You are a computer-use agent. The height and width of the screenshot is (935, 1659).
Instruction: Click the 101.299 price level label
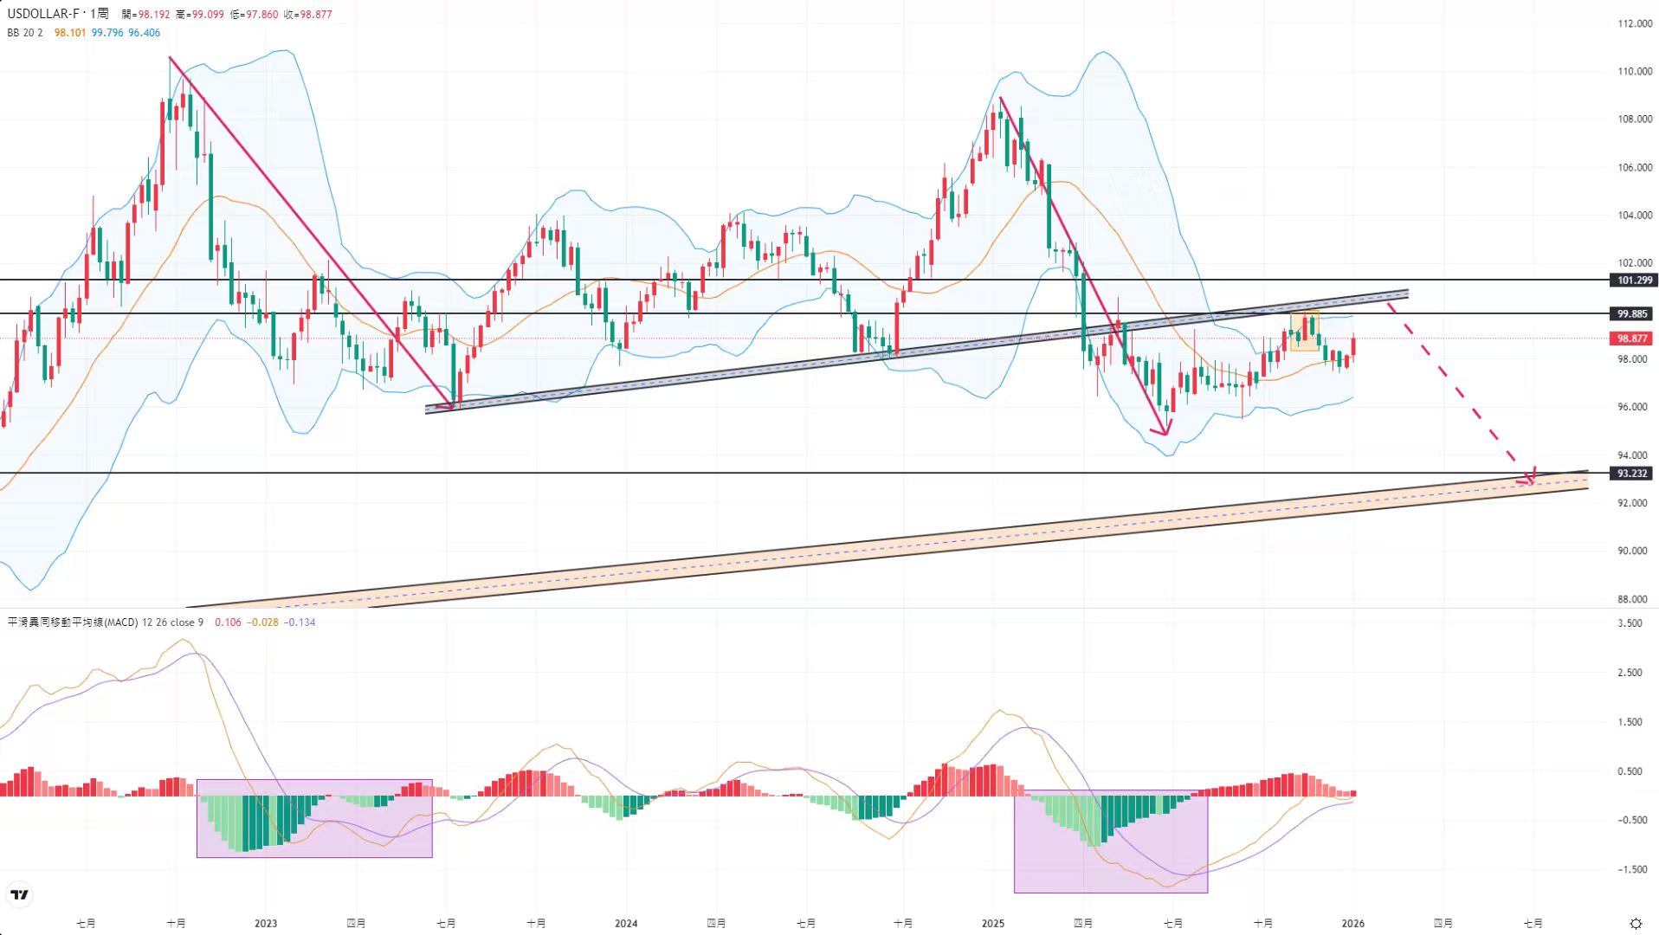pos(1632,280)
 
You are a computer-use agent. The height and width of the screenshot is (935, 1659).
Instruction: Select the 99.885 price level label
pos(1632,313)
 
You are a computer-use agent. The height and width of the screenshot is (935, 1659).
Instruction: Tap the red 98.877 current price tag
pos(1632,339)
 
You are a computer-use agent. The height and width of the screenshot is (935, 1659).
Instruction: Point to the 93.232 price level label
pos(1632,474)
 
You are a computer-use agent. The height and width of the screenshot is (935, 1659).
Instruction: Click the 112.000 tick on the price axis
pos(1635,23)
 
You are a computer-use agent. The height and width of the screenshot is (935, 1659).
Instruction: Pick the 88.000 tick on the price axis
pos(1632,599)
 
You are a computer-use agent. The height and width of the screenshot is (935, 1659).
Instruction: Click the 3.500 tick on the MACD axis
pos(1630,623)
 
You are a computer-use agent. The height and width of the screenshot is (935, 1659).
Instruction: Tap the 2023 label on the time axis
pos(266,923)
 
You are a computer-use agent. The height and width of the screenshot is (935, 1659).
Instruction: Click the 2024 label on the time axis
pos(626,923)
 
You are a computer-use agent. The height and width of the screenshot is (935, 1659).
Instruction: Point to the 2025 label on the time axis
pos(993,923)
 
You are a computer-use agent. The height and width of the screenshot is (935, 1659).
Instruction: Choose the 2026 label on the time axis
pos(1352,923)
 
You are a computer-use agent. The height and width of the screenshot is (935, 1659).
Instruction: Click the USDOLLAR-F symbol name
pos(43,14)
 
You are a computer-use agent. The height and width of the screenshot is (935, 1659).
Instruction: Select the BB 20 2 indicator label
pos(25,33)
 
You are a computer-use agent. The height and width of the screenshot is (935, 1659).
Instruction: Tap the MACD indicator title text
pos(73,622)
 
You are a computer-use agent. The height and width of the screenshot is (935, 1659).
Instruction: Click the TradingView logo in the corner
pos(19,894)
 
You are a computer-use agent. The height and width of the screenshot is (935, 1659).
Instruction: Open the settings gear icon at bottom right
pos(1636,923)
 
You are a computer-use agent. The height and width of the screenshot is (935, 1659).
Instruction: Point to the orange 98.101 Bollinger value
pos(70,33)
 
